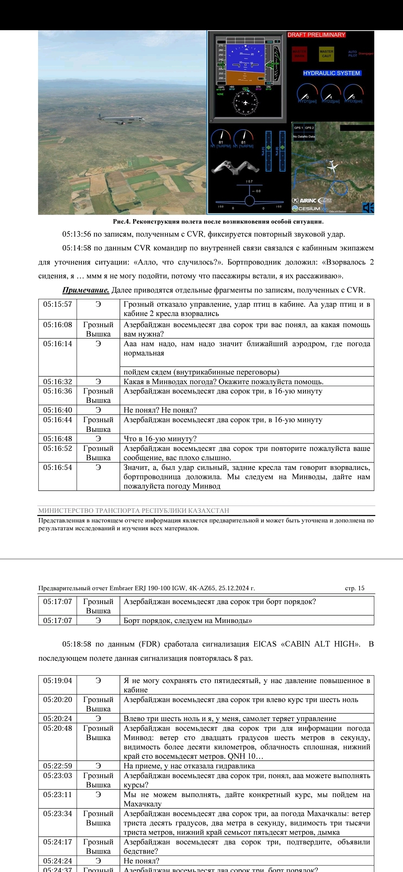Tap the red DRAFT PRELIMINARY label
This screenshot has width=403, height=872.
coord(316,35)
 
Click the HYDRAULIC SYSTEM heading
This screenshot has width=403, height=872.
coord(331,73)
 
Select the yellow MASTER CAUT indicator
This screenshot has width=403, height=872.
coord(327,54)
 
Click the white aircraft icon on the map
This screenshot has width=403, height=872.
coord(332,166)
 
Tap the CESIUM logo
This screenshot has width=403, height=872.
coord(307,209)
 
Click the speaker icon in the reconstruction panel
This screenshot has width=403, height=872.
coord(368,208)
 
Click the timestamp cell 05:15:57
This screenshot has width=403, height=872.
coord(57,304)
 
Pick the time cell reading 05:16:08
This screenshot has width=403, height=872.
coord(57,325)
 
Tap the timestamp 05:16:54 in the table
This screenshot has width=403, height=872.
coord(57,467)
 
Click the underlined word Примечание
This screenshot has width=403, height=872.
coord(85,290)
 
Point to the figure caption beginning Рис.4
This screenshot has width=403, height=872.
coord(218,221)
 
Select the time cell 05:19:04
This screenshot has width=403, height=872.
coord(57,680)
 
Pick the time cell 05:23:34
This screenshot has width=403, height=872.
coord(57,813)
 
